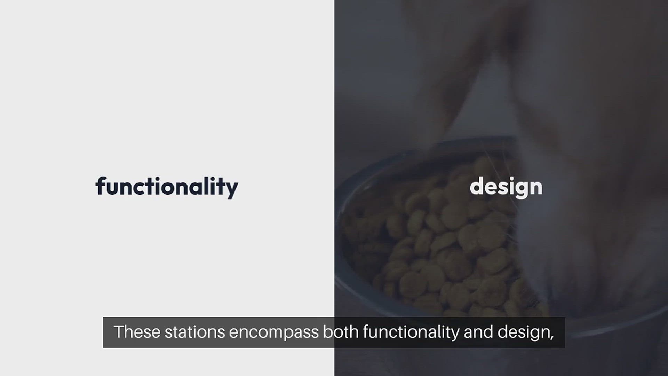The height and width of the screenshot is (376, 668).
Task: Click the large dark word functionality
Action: pyautogui.click(x=167, y=187)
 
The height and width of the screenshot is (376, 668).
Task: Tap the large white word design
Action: pyautogui.click(x=506, y=187)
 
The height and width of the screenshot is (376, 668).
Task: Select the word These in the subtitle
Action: pyautogui.click(x=137, y=332)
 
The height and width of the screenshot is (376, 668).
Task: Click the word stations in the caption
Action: pyautogui.click(x=194, y=332)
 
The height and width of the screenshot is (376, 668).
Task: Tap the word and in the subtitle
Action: pyautogui.click(x=478, y=332)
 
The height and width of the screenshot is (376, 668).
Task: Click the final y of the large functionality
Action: pyautogui.click(x=231, y=190)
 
